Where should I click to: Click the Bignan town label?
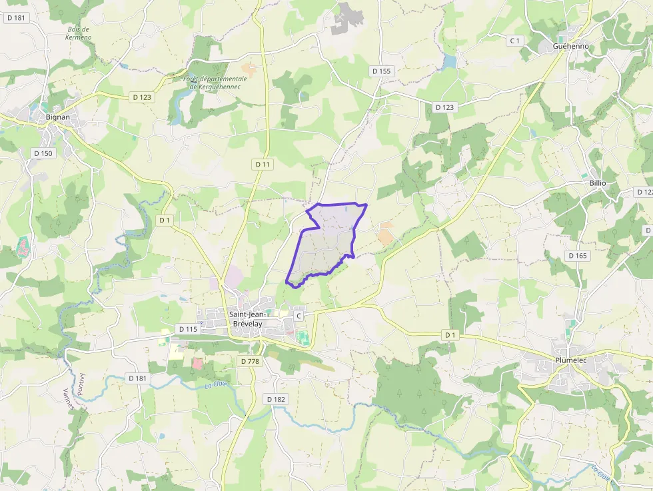click(x=58, y=117)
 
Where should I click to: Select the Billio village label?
click(x=598, y=183)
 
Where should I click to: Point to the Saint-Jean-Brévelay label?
click(x=250, y=319)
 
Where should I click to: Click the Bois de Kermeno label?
click(x=79, y=33)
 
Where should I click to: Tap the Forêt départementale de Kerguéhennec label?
click(x=215, y=83)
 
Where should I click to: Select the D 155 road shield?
click(x=382, y=71)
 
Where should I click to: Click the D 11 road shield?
click(x=263, y=164)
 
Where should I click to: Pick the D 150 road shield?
click(x=43, y=153)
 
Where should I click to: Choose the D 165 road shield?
click(x=578, y=255)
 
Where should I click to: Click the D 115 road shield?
click(x=189, y=329)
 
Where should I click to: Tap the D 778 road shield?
click(x=249, y=361)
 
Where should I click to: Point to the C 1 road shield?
click(x=514, y=41)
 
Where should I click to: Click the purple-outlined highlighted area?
click(x=326, y=243)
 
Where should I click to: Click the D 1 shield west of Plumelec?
click(x=451, y=334)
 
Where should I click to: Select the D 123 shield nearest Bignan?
click(x=142, y=97)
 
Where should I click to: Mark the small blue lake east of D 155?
click(x=450, y=61)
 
